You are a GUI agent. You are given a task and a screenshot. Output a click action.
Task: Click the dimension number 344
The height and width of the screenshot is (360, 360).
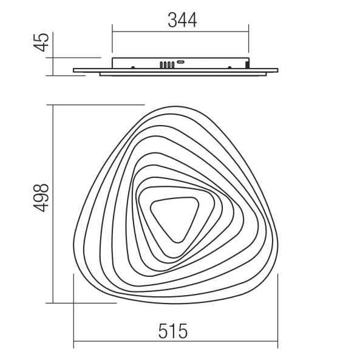[182, 20]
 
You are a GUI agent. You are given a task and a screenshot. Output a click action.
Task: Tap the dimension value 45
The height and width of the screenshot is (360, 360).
[41, 42]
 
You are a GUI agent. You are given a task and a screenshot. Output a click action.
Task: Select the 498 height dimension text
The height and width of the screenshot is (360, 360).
[41, 198]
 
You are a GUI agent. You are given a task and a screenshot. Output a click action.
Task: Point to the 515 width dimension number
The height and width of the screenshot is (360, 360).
[173, 331]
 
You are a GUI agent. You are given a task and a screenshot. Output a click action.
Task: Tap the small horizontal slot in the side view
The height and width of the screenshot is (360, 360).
[181, 61]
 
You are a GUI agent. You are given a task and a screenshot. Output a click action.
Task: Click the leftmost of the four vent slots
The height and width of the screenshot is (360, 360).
[161, 65]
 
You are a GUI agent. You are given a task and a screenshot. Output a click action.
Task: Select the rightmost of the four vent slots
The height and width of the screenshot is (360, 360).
[173, 65]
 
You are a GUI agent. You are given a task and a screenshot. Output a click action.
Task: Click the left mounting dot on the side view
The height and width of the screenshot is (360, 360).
[133, 67]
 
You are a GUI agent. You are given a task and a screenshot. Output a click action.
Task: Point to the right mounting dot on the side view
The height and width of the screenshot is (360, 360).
[229, 67]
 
